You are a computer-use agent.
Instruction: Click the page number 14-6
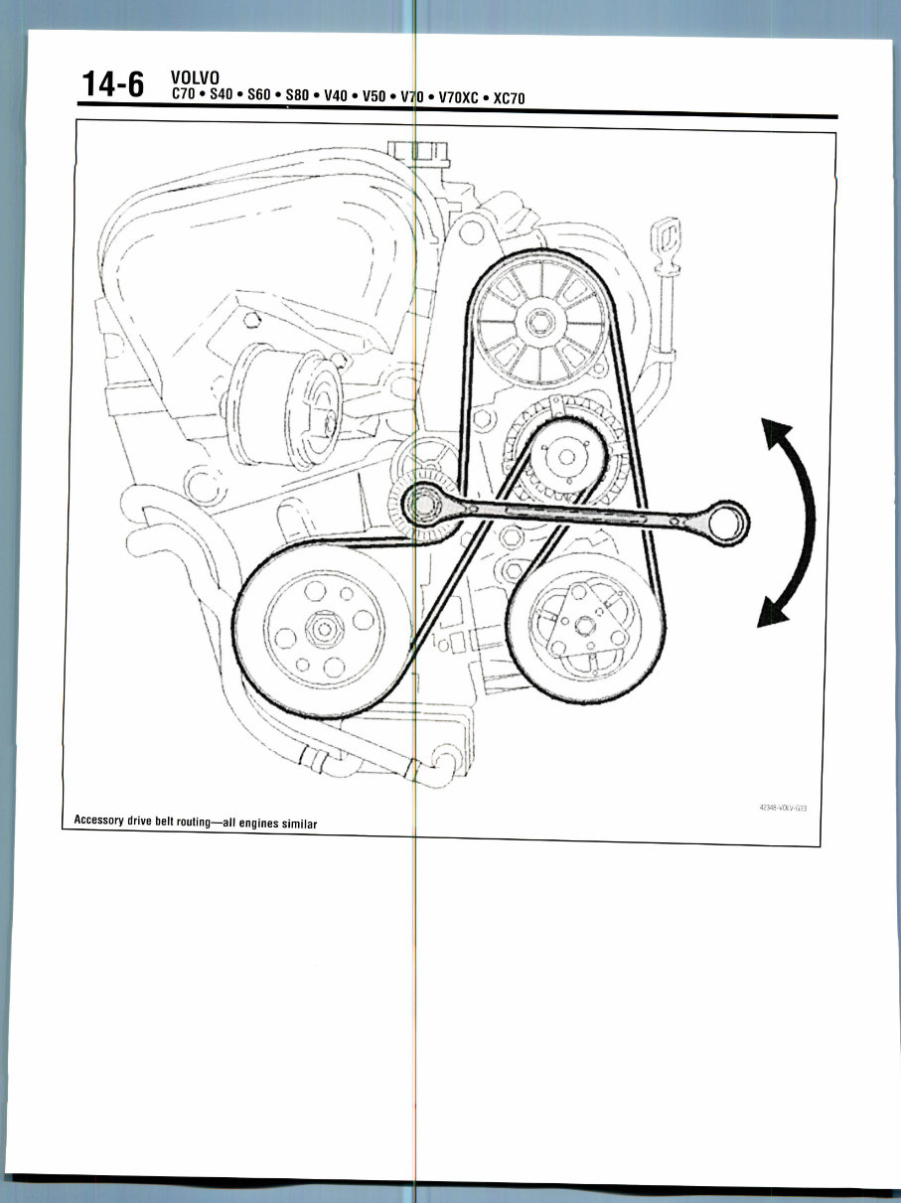tap(112, 85)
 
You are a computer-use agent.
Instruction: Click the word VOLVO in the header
tap(195, 77)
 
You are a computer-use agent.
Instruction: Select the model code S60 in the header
tap(259, 94)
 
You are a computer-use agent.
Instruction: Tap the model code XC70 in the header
tap(510, 98)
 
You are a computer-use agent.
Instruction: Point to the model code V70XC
tap(459, 97)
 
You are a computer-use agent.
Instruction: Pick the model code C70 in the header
tap(184, 93)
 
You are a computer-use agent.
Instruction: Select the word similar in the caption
tap(299, 824)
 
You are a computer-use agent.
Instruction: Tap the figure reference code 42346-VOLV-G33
tap(783, 808)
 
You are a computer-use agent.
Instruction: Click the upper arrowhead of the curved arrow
tap(775, 431)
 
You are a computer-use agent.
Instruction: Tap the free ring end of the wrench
tap(728, 522)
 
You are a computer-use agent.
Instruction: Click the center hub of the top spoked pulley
tap(540, 322)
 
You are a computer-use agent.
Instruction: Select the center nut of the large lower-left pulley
tap(324, 628)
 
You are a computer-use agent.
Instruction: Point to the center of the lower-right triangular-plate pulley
tap(585, 624)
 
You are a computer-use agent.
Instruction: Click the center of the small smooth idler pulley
tap(566, 457)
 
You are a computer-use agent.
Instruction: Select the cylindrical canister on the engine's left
tap(285, 406)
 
